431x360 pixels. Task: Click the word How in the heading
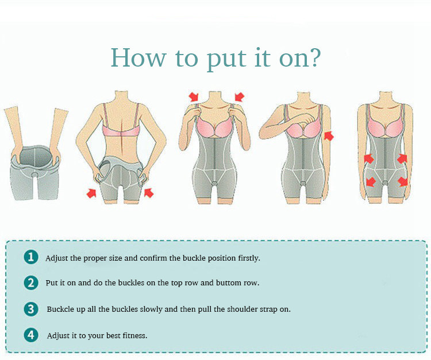(138, 57)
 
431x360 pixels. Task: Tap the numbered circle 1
(31, 257)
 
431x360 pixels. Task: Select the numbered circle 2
(31, 283)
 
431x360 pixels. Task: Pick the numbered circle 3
(31, 309)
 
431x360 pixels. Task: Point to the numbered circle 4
(31, 335)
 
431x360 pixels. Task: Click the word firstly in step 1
(249, 258)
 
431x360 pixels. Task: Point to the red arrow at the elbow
(329, 136)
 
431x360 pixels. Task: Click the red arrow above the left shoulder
(194, 96)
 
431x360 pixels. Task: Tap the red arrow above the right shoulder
(240, 96)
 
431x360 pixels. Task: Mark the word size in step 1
(116, 258)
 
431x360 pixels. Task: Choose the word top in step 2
(176, 284)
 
